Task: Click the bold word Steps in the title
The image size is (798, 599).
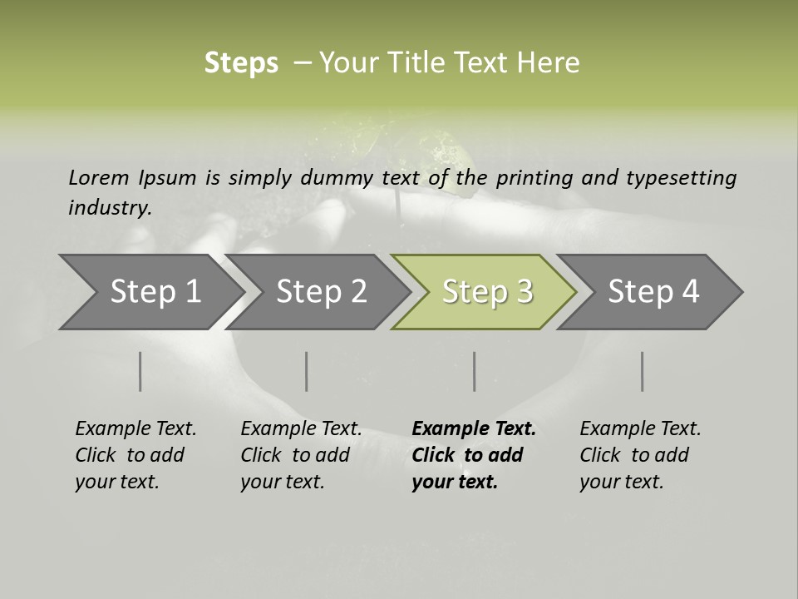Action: [241, 63]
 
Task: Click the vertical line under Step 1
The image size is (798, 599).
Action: [140, 371]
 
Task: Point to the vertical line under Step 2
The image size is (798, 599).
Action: [307, 371]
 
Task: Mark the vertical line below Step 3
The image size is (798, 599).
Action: [475, 371]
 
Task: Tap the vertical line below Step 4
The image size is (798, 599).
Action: [643, 371]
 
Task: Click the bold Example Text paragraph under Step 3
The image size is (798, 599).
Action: [473, 455]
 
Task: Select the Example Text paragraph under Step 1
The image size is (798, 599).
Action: [135, 455]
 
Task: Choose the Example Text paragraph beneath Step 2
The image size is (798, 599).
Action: [301, 455]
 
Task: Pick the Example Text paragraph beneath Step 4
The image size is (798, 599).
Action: [640, 455]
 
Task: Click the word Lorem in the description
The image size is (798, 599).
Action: [99, 177]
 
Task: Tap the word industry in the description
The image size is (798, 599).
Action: [110, 208]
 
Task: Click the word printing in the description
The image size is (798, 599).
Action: [534, 177]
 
